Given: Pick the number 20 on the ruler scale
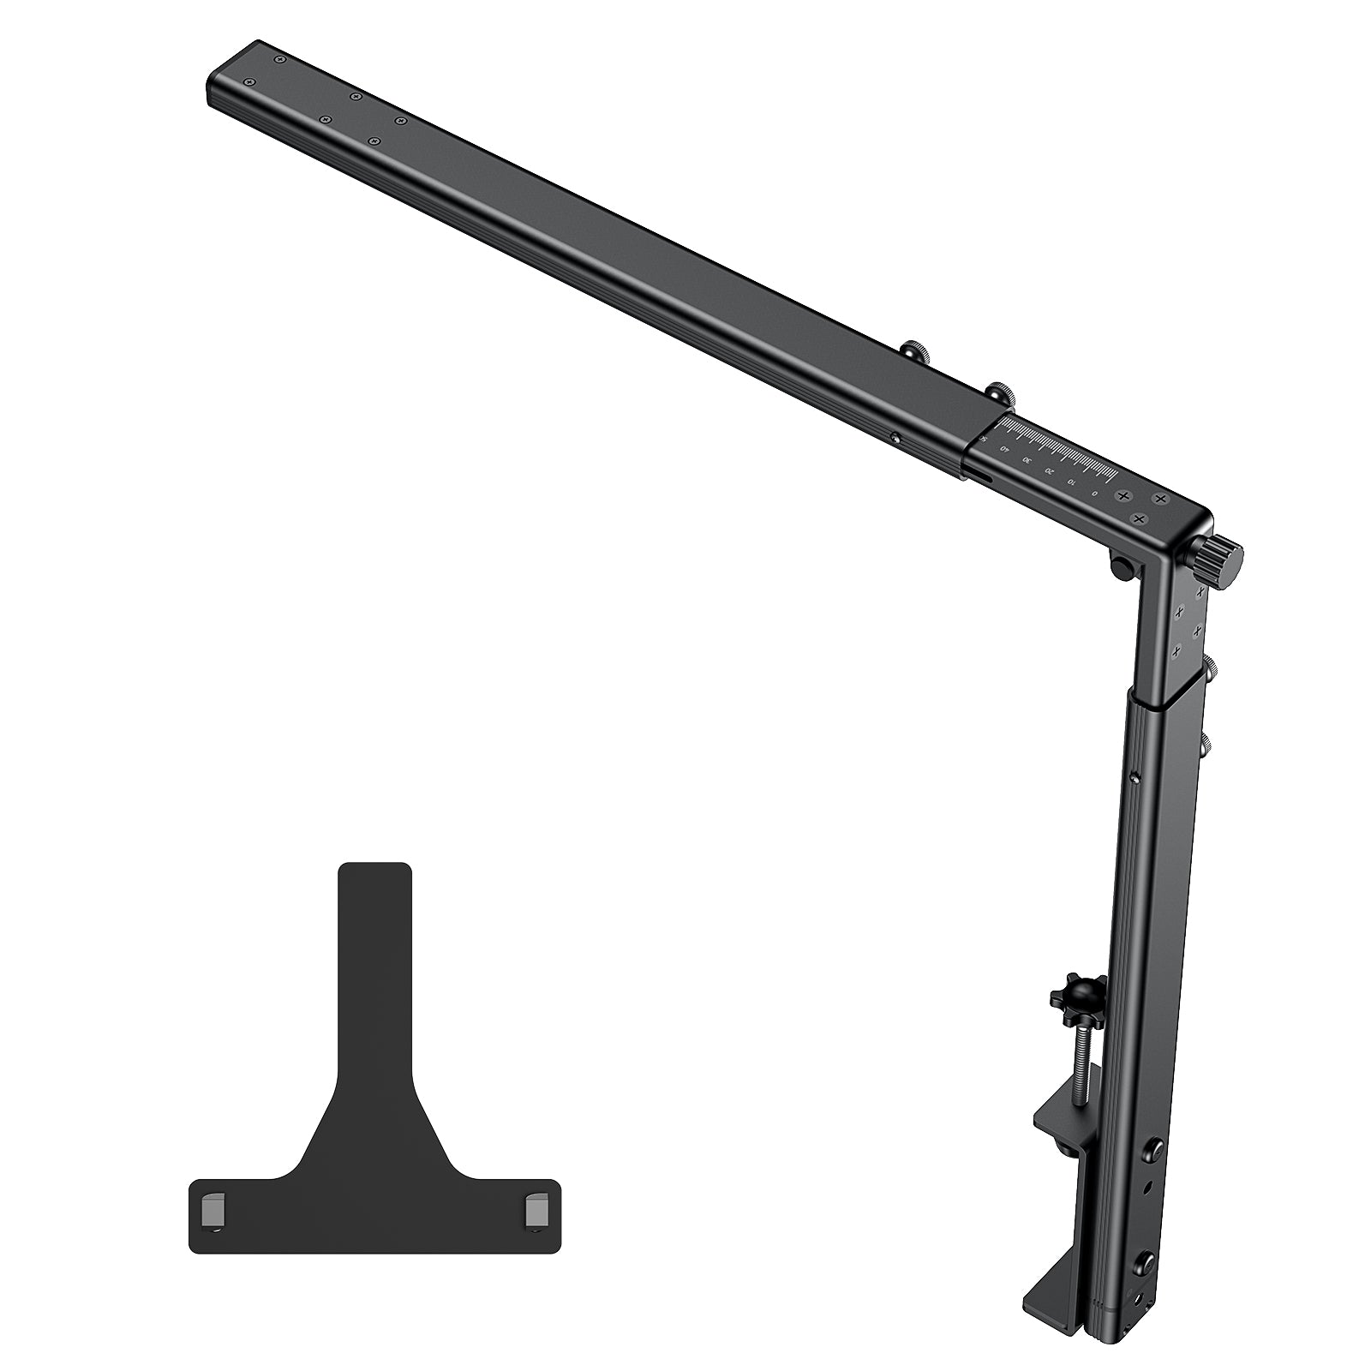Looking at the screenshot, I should (x=1049, y=471).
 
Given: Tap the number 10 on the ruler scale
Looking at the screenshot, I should (x=1071, y=482).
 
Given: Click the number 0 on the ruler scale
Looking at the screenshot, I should (x=1093, y=494).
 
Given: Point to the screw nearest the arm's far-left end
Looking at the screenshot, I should (x=249, y=81).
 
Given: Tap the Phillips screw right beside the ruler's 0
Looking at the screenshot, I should (x=1123, y=496).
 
